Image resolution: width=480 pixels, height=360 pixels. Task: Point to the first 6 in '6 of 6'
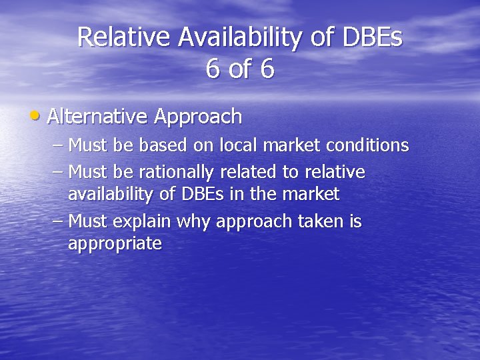point(213,69)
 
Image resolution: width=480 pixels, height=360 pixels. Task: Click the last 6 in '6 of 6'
point(267,69)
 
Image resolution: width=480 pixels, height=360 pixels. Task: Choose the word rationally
point(173,173)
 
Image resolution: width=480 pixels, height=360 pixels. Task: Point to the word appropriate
point(115,244)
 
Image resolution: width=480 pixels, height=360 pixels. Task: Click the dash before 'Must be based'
point(57,145)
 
